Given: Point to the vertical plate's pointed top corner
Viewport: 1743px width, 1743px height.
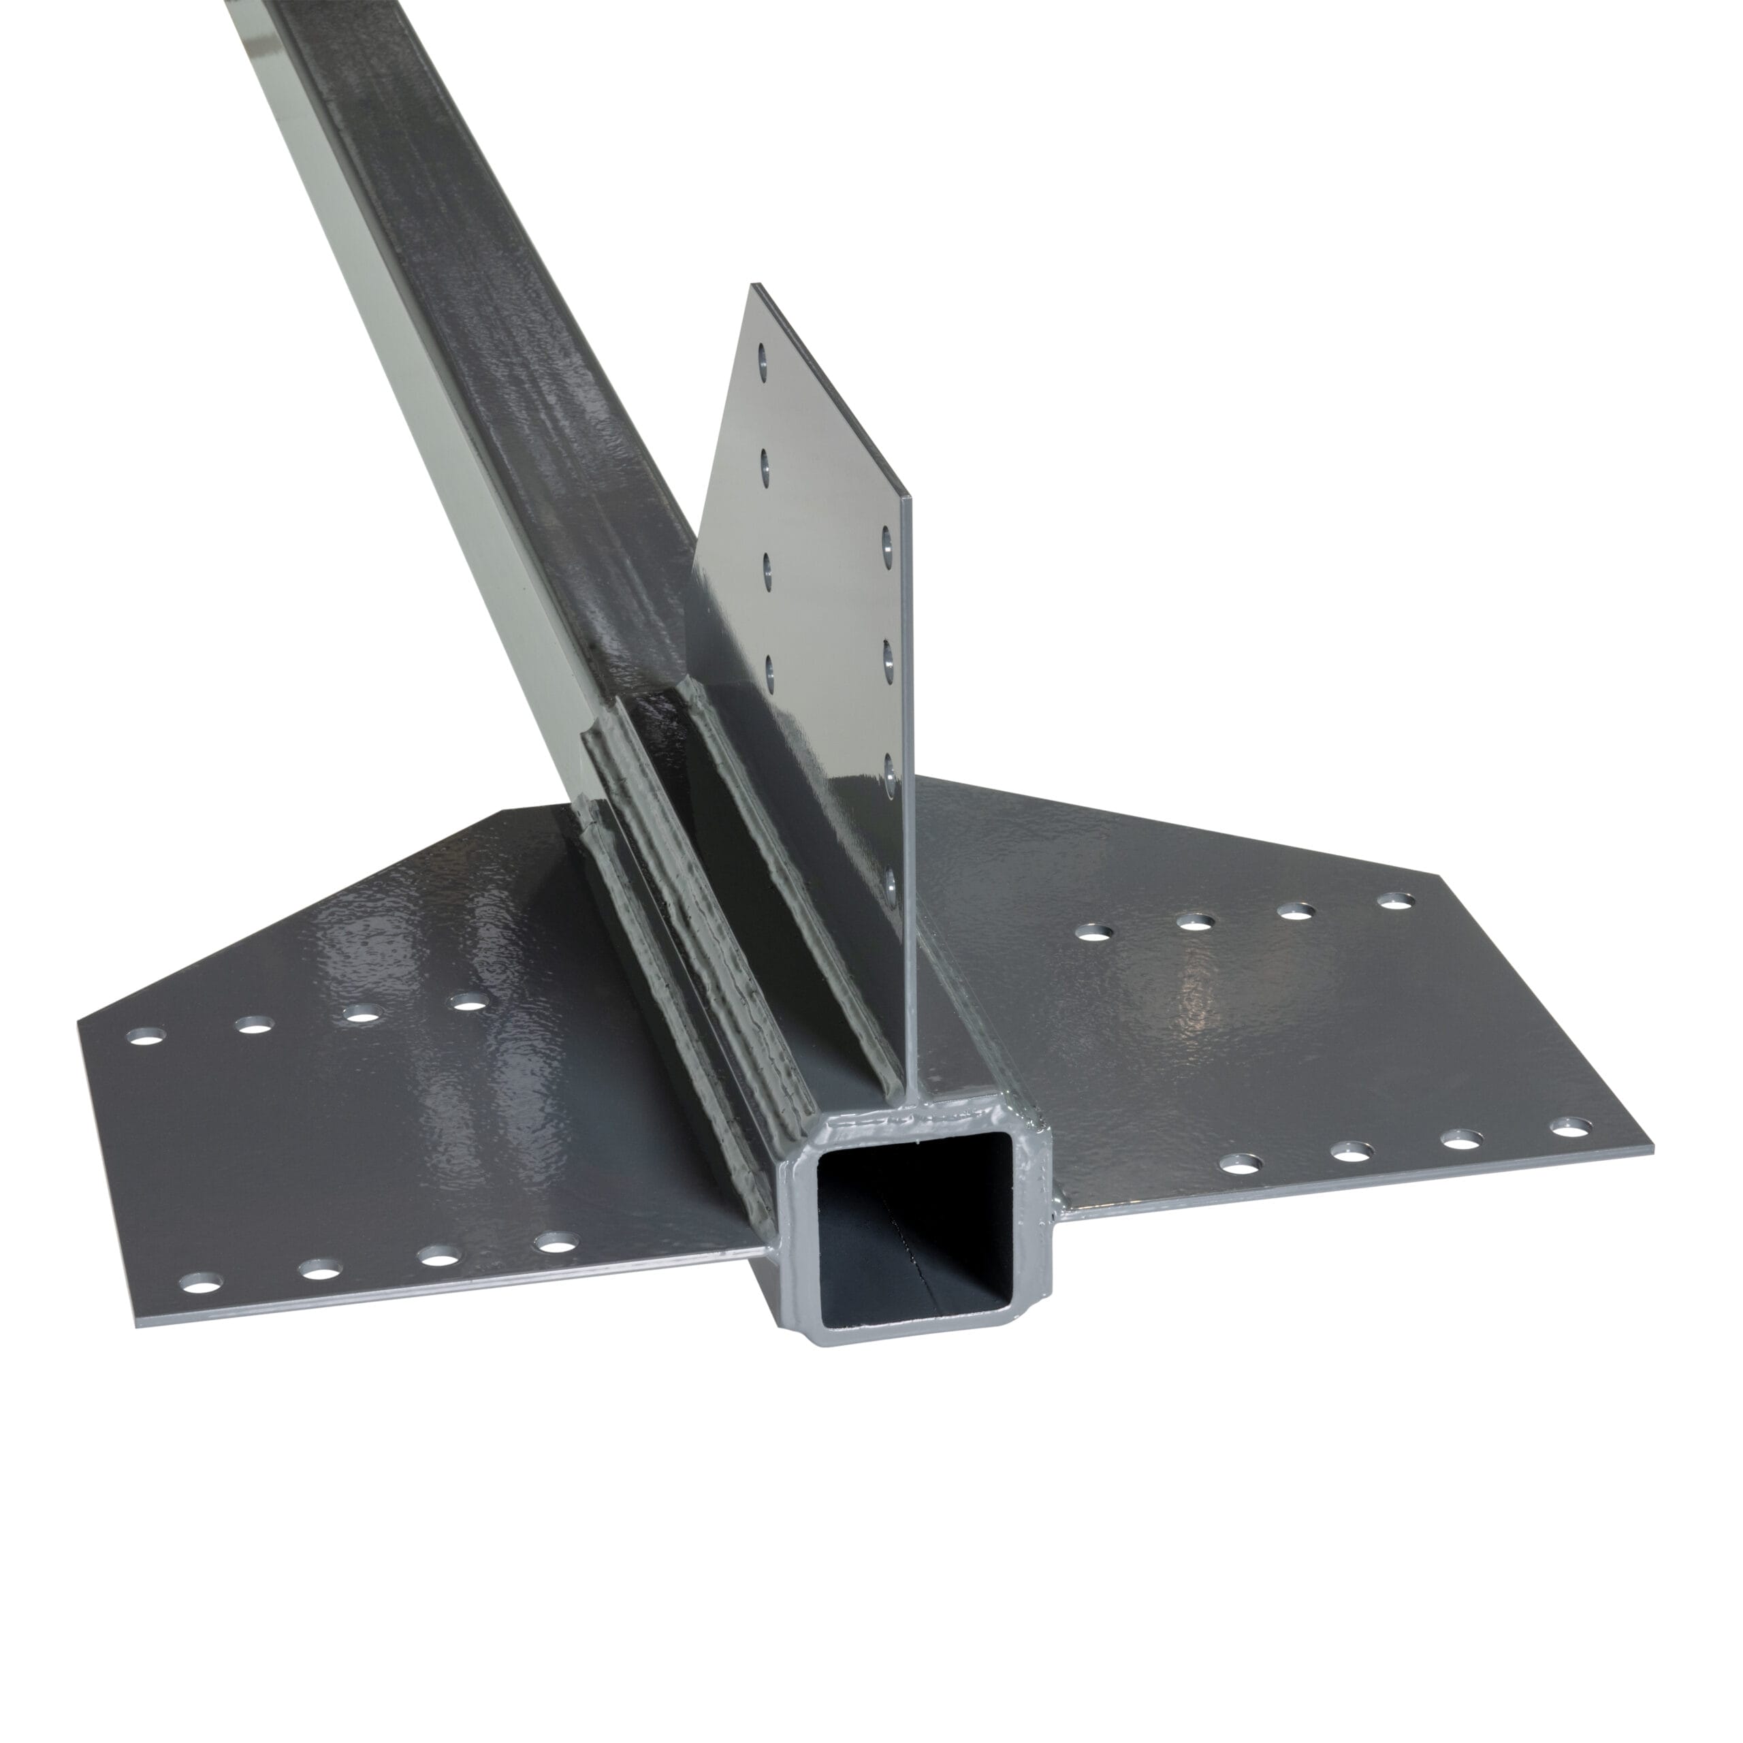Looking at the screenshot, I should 755,287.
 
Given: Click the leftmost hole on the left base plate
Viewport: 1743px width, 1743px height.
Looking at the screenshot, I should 148,1036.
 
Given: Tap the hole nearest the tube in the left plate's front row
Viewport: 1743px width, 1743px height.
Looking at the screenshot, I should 555,1244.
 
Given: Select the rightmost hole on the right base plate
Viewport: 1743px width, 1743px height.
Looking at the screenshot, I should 1570,1126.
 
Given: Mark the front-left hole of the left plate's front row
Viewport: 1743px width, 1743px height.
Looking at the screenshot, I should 201,1282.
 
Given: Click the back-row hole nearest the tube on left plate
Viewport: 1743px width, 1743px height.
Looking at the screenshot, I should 466,1002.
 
